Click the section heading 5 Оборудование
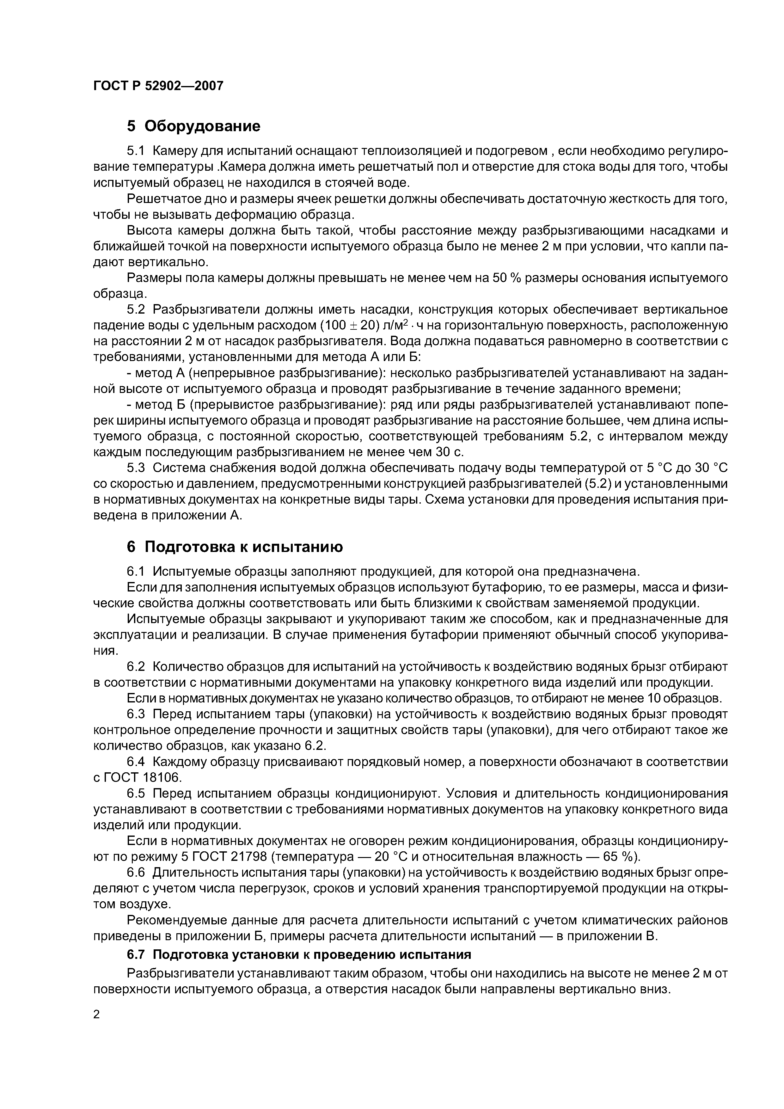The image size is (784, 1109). [193, 126]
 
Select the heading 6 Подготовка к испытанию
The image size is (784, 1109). [235, 547]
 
